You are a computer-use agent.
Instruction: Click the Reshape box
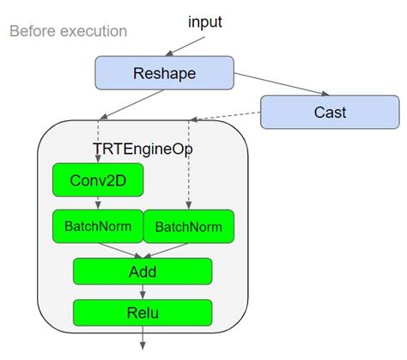pyautogui.click(x=163, y=72)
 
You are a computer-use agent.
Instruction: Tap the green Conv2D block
pyautogui.click(x=96, y=181)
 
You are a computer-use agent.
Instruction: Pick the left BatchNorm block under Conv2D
pyautogui.click(x=96, y=227)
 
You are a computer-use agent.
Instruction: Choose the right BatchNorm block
pyautogui.click(x=186, y=227)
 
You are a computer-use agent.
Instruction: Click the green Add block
pyautogui.click(x=142, y=271)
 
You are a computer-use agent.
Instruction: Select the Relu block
pyautogui.click(x=142, y=312)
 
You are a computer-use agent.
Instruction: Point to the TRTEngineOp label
pyautogui.click(x=143, y=148)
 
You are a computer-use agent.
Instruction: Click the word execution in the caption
pyautogui.click(x=94, y=32)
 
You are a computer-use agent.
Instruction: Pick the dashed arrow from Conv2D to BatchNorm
pyautogui.click(x=97, y=203)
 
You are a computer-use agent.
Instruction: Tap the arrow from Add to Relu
pyautogui.click(x=142, y=292)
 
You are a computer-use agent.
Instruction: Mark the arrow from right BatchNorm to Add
pyautogui.click(x=168, y=248)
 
